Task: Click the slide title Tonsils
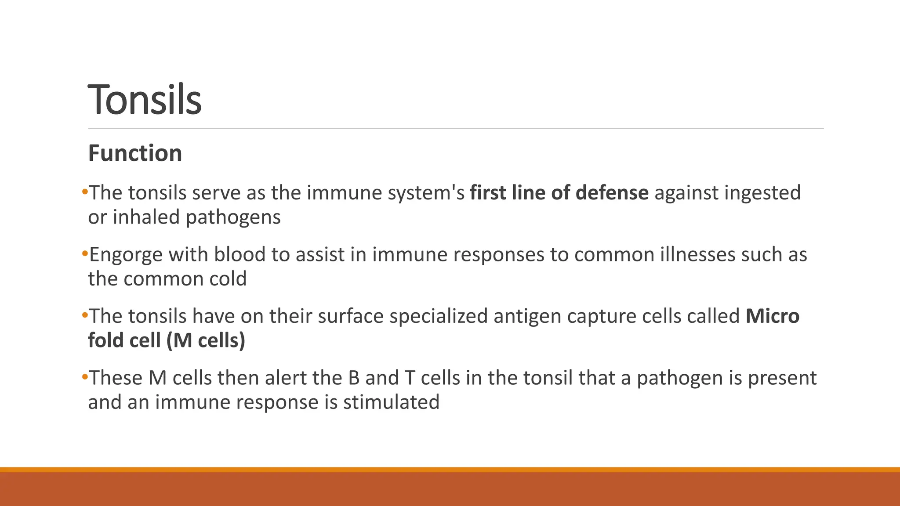click(x=145, y=100)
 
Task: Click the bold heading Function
click(x=135, y=153)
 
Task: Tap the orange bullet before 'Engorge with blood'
click(x=85, y=253)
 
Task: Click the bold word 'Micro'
click(x=772, y=316)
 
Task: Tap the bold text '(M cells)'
click(x=206, y=341)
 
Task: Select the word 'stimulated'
click(x=391, y=402)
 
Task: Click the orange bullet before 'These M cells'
click(x=85, y=377)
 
